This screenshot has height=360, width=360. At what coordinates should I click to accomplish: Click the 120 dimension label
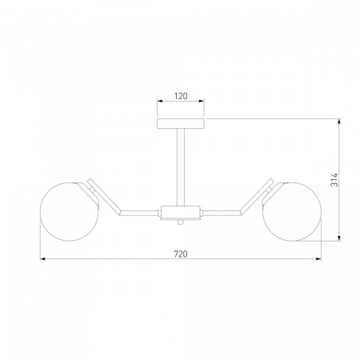tap(181, 96)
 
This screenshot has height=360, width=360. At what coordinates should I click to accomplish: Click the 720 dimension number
tap(181, 254)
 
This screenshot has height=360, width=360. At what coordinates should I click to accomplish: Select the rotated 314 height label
tap(334, 180)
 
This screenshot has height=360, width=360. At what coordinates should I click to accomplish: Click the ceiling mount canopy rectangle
tap(181, 124)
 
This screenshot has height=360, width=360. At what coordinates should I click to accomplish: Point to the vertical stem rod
tap(181, 167)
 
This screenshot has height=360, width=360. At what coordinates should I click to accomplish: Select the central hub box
tap(181, 213)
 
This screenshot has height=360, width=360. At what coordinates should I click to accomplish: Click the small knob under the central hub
tap(181, 222)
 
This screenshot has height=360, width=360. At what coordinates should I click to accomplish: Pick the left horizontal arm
tap(139, 213)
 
